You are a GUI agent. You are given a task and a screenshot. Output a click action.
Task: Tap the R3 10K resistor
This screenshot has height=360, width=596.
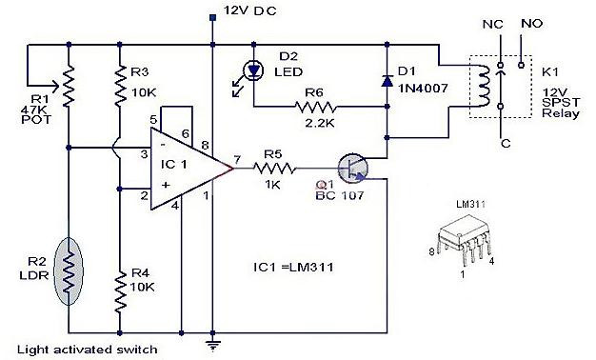[119, 88]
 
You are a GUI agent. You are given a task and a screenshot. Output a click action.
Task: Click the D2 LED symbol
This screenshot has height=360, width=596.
[252, 69]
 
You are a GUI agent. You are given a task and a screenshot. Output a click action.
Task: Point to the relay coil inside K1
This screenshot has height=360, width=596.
[485, 87]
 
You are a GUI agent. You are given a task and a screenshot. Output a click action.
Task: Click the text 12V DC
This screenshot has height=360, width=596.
[249, 12]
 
